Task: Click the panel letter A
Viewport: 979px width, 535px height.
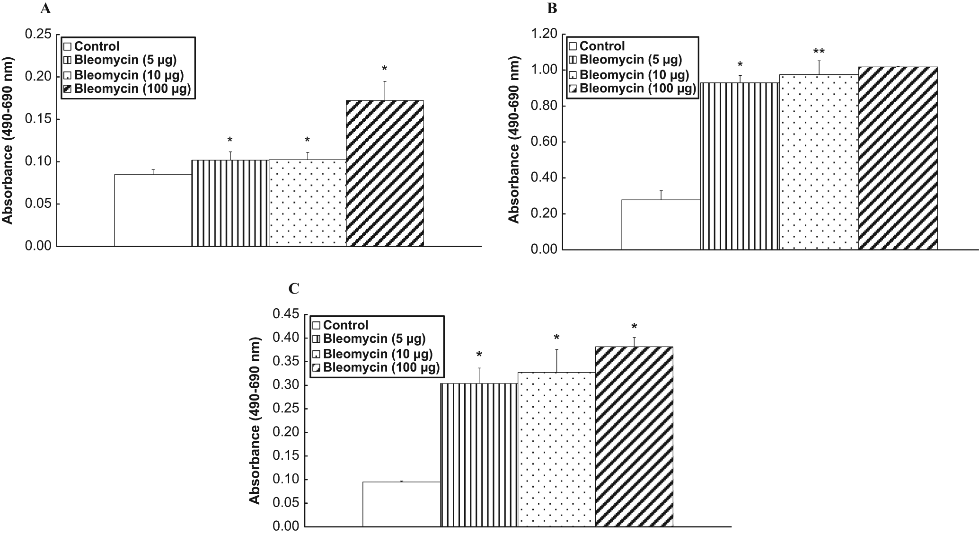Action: click(x=45, y=9)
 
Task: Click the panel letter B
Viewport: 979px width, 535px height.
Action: click(x=552, y=9)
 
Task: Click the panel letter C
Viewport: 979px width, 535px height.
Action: click(x=294, y=288)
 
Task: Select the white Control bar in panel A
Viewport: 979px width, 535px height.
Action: click(x=153, y=210)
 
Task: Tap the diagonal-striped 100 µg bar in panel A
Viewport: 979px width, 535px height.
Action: click(x=385, y=173)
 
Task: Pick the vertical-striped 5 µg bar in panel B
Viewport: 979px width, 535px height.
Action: click(x=740, y=166)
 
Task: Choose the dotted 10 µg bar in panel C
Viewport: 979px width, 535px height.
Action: click(x=556, y=449)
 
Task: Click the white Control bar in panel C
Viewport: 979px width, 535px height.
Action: click(x=401, y=504)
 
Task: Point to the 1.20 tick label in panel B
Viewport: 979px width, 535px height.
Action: click(x=544, y=34)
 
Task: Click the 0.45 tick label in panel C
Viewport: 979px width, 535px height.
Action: click(x=286, y=314)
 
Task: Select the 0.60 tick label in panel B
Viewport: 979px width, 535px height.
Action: click(x=544, y=142)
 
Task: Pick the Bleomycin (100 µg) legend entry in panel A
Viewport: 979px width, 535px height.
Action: click(x=127, y=89)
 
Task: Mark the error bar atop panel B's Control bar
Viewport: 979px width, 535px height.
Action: click(x=661, y=195)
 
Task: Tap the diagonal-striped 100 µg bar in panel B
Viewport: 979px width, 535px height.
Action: click(x=898, y=158)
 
